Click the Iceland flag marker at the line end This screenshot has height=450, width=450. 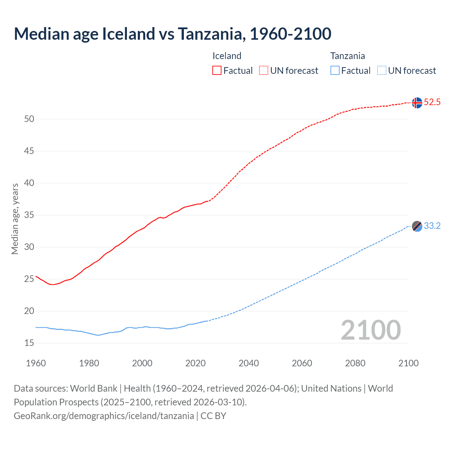(417, 103)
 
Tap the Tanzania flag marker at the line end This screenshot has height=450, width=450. (417, 226)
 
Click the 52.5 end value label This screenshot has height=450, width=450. (432, 102)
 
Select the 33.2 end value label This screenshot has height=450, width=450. (432, 226)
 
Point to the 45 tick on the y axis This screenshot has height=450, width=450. (29, 151)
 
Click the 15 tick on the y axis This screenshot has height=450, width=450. (29, 343)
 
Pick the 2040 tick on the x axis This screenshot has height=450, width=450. (249, 363)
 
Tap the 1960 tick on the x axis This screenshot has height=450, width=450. (36, 363)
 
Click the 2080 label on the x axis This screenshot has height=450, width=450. (355, 363)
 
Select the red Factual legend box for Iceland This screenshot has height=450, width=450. (217, 70)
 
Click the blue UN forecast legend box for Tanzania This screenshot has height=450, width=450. (382, 70)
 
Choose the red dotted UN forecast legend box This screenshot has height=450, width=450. (264, 70)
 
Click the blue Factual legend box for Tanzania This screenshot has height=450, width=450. (335, 70)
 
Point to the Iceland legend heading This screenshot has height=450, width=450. (227, 56)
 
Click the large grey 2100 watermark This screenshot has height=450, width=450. (371, 330)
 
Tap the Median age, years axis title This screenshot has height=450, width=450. (15, 219)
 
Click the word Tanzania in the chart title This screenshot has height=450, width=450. (210, 34)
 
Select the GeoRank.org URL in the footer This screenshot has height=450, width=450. (104, 416)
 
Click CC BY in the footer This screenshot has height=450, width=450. (213, 416)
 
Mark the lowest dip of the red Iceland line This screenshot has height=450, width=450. (53, 284)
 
